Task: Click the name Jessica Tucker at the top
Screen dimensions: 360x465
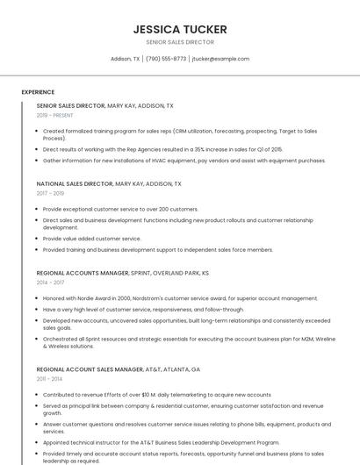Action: pos(180,29)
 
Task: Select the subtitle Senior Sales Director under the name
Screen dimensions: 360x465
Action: pos(180,42)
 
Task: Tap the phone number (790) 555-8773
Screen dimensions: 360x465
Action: pos(166,59)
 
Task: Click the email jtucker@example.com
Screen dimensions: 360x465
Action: pos(220,59)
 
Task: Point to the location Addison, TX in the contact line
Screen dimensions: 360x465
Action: pos(126,59)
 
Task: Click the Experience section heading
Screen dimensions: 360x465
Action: pos(38,92)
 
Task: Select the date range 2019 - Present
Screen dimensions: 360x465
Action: pos(54,115)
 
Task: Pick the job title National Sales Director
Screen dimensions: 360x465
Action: pos(75,184)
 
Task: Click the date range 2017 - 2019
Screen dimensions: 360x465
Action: pos(50,193)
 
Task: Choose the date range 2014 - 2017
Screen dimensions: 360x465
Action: pos(50,283)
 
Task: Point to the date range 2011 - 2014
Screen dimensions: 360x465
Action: pos(49,379)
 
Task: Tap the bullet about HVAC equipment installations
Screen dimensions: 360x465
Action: pos(184,161)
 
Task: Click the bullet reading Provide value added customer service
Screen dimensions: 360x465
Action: pos(91,239)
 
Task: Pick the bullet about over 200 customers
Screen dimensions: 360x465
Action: pos(120,209)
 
